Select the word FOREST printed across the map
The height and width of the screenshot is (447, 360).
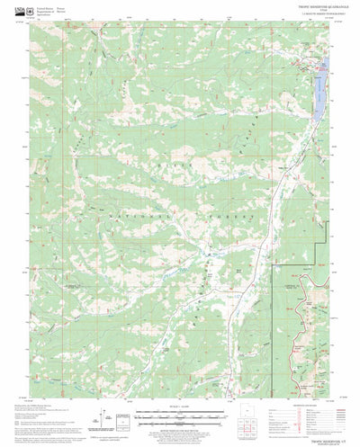click(x=237, y=217)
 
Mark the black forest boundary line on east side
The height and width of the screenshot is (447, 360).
click(x=272, y=297)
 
